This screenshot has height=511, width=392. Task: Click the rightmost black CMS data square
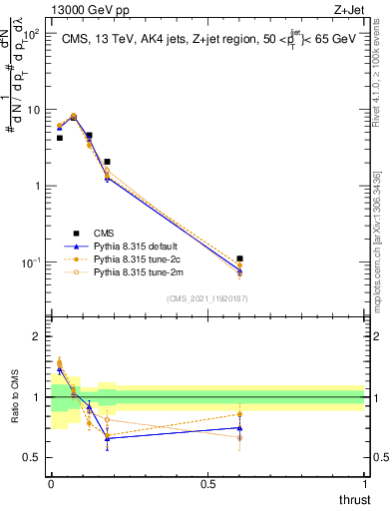click(x=239, y=258)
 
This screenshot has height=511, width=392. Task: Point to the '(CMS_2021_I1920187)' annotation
click(x=206, y=298)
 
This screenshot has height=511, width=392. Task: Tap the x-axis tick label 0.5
click(x=206, y=484)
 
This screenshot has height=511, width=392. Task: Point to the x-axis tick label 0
click(x=51, y=484)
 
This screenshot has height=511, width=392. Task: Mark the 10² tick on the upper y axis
click(x=31, y=34)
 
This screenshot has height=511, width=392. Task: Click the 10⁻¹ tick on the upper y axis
click(x=31, y=262)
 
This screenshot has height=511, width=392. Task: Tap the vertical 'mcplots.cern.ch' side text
click(x=383, y=250)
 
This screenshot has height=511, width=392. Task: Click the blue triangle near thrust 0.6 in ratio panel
click(x=239, y=427)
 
